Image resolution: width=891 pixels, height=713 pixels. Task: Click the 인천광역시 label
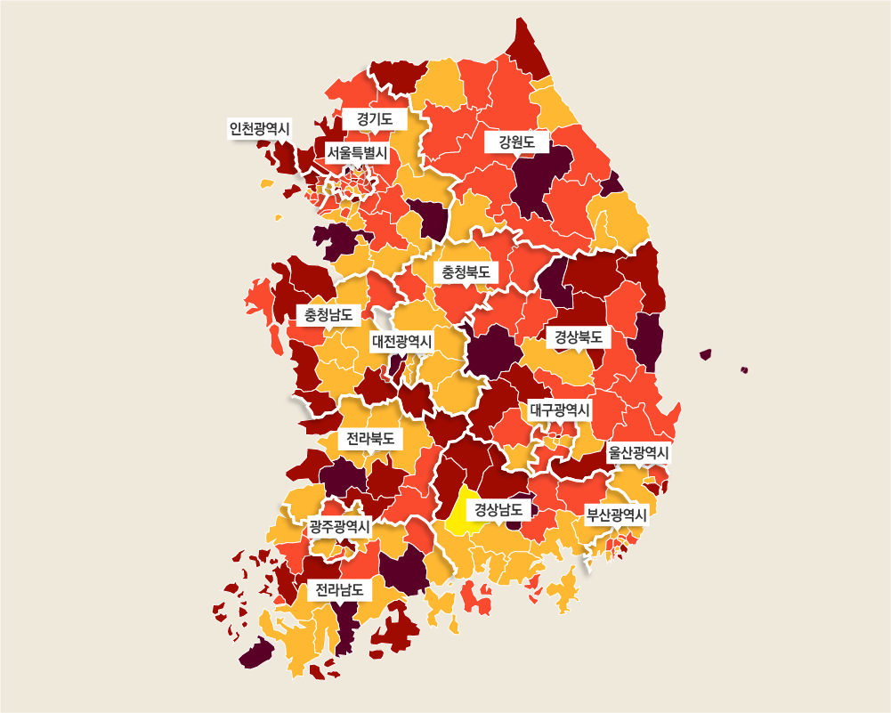click(x=259, y=129)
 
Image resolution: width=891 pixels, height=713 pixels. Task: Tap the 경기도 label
click(x=375, y=118)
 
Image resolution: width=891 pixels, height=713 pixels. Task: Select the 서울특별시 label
click(x=357, y=153)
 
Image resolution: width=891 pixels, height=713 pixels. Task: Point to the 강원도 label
click(x=516, y=142)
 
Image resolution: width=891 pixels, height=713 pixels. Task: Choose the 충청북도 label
click(x=466, y=271)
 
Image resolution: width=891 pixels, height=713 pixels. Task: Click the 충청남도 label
click(x=328, y=314)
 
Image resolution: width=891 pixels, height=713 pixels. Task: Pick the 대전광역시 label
click(x=401, y=342)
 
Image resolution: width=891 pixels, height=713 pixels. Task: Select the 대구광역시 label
click(x=559, y=410)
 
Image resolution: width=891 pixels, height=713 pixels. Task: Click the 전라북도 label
click(x=370, y=439)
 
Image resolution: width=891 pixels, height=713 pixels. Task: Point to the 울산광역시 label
click(x=638, y=453)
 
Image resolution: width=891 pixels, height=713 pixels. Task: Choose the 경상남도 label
click(x=498, y=510)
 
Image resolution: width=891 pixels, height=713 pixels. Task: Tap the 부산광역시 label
click(x=616, y=514)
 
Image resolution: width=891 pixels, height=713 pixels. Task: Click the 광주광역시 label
click(x=339, y=526)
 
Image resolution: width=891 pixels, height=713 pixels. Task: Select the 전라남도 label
click(x=339, y=589)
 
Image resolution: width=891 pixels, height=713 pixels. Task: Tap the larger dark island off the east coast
click(x=706, y=354)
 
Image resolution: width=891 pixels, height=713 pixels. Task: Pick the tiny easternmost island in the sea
click(x=744, y=369)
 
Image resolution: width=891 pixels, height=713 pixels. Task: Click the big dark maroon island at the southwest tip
click(x=256, y=653)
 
